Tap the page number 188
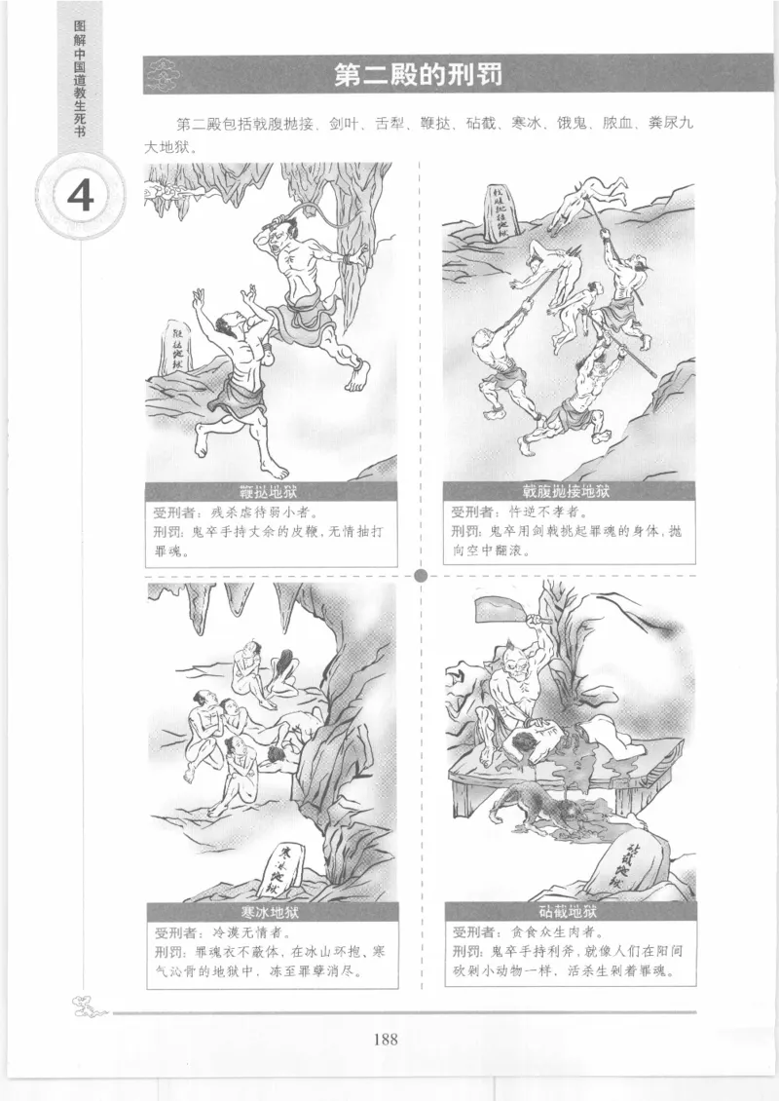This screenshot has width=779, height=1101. point(386,1038)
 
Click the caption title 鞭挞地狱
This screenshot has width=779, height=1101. point(271,490)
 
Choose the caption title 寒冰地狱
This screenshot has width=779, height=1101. point(271,913)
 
